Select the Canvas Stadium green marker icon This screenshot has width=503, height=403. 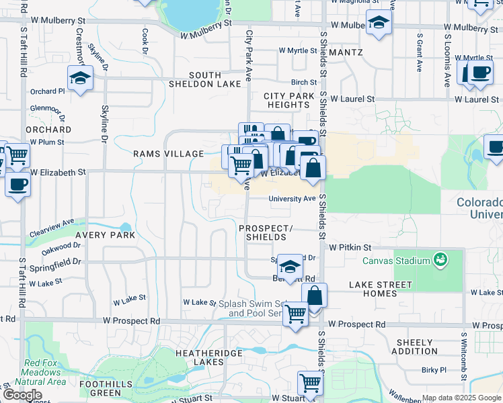coord(440,259)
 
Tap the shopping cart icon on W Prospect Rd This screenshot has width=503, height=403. coord(295,313)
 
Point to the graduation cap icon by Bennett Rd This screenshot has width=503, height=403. coord(290,266)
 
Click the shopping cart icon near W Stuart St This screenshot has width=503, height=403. coord(310,383)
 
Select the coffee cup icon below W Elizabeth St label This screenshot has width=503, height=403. coord(17,183)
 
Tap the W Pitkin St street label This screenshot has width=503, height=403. coord(350,248)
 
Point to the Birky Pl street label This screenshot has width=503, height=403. coord(434,370)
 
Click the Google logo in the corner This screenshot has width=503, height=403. coord(22,395)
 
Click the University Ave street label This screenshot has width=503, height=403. coord(292,199)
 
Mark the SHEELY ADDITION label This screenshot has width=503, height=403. coord(414,347)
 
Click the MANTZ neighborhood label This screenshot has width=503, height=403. coord(347,52)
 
